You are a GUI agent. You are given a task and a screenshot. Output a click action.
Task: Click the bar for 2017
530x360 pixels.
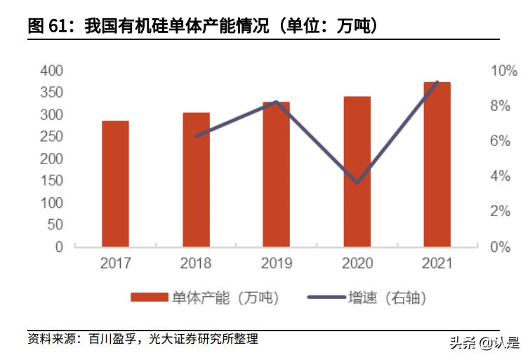[115, 184]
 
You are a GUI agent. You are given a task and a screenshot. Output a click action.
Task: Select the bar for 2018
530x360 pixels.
[196, 180]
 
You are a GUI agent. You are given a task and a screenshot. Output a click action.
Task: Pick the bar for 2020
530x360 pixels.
[357, 171]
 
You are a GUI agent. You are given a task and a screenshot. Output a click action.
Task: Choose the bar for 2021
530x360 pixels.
[437, 164]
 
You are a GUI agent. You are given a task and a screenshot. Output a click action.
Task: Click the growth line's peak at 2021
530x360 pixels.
[437, 82]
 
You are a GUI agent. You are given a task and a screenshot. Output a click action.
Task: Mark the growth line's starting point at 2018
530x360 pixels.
[196, 136]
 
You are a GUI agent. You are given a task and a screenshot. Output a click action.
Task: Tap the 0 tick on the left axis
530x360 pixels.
[59, 247]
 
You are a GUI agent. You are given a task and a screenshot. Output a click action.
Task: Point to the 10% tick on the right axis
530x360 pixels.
[503, 71]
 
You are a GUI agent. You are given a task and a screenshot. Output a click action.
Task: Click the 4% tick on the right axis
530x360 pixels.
[503, 176]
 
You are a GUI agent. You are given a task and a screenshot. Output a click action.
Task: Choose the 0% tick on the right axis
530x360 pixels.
[503, 247]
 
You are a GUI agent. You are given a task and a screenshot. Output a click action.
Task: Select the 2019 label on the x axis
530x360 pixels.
[276, 265]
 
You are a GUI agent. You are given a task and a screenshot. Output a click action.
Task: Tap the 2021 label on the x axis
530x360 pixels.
[437, 265]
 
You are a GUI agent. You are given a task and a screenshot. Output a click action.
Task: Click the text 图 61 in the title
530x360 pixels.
[47, 27]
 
